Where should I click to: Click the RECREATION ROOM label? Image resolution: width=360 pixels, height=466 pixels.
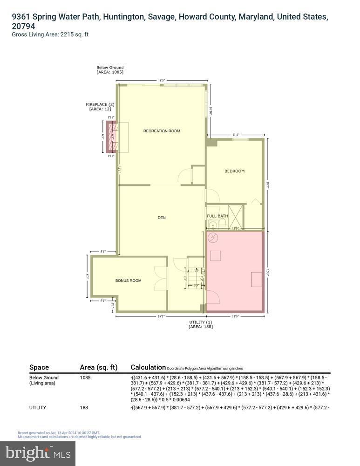pos(161,131)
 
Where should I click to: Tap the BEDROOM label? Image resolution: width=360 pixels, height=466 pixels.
pos(234,171)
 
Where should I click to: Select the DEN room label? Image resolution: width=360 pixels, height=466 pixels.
pos(162,218)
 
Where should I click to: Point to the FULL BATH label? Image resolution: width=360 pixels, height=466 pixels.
pos(217,216)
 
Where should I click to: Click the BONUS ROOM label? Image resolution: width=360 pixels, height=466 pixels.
pos(128,281)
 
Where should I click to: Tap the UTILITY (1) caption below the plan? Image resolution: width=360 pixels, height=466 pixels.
pos(200,322)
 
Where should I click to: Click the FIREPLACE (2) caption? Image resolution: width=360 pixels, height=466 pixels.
pos(100,104)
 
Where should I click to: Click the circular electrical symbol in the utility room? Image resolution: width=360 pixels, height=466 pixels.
pos(213,238)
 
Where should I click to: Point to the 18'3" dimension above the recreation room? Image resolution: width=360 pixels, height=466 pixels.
pos(162,81)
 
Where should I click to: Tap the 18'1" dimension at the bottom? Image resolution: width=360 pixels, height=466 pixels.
pos(161,317)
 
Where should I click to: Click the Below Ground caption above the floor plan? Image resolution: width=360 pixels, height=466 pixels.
pos(110,68)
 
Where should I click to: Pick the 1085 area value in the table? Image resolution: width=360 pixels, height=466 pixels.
pos(86,377)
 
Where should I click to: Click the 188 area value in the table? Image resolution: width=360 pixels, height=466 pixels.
pos(84,408)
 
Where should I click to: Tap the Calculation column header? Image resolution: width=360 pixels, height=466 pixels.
pos(148,367)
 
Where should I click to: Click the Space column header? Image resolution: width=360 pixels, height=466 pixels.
pos(39,367)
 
